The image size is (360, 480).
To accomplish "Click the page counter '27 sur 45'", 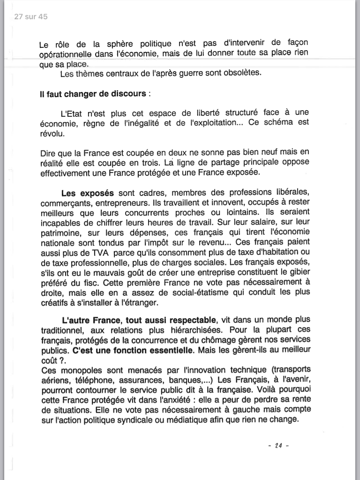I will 31,17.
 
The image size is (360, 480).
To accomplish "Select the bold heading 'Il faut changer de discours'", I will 93,93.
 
